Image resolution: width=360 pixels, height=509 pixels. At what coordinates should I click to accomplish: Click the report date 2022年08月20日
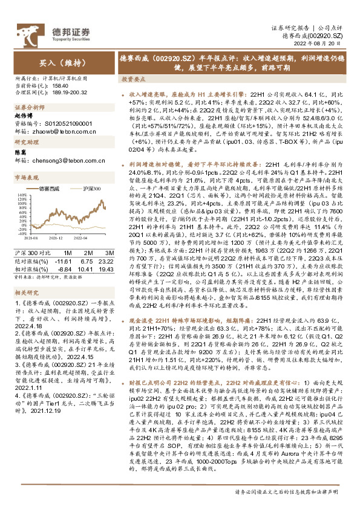point(323,45)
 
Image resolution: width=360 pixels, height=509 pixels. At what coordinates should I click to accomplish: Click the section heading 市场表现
point(24,178)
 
